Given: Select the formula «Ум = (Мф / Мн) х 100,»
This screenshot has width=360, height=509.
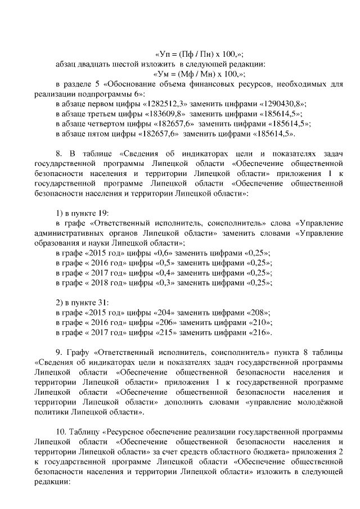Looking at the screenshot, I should (200, 74).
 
